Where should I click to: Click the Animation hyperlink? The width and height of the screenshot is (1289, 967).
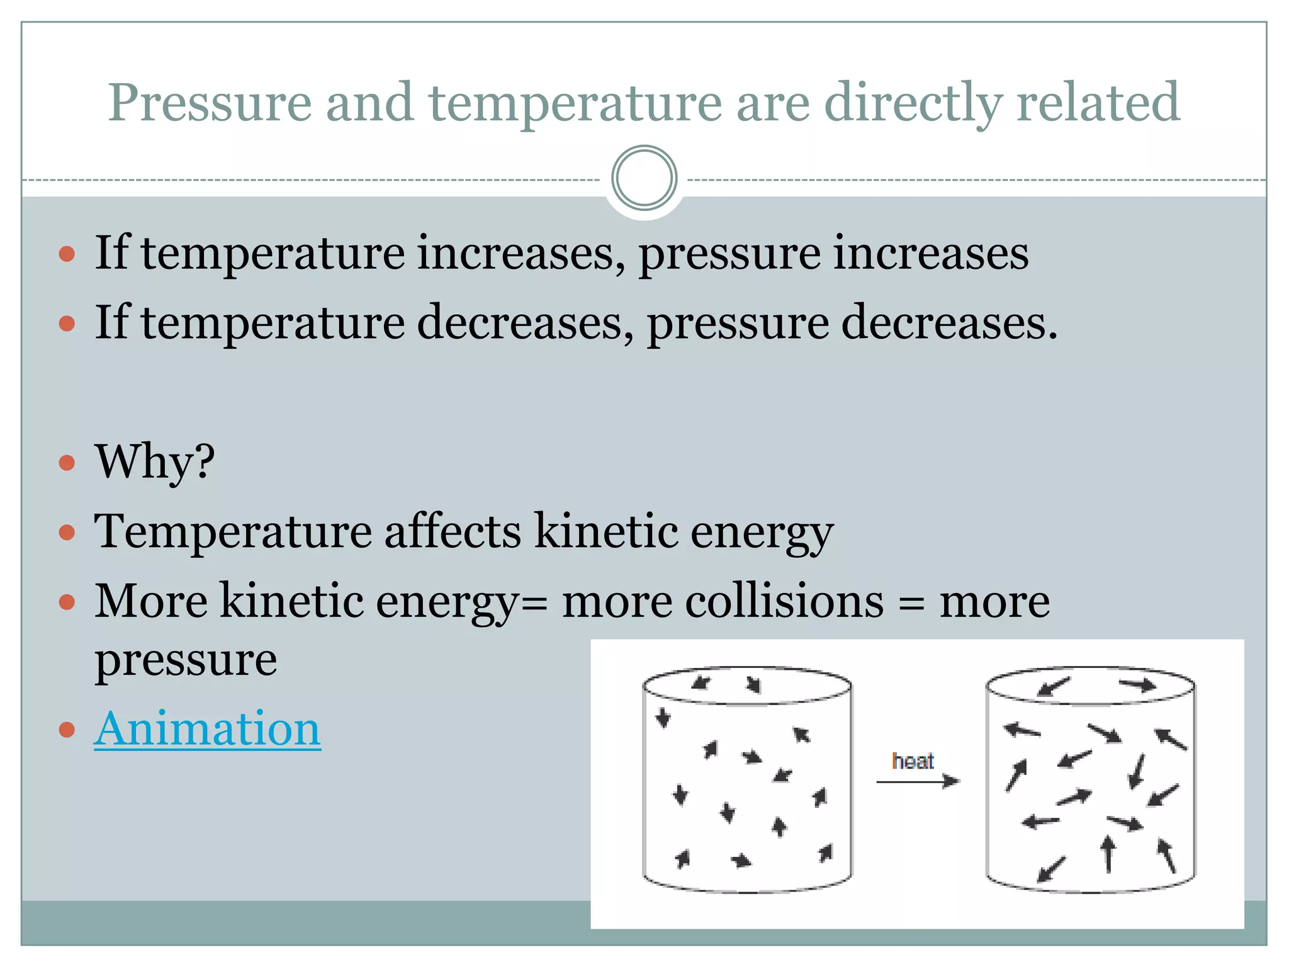(x=207, y=729)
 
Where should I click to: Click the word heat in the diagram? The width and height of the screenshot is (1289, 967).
(x=913, y=761)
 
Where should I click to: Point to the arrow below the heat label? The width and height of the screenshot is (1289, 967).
(x=917, y=781)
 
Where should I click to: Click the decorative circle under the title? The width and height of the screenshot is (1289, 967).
(x=644, y=178)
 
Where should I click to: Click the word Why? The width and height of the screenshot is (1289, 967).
(x=155, y=461)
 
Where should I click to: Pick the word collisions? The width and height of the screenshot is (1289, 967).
(x=784, y=601)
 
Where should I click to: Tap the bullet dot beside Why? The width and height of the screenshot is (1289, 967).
(x=67, y=463)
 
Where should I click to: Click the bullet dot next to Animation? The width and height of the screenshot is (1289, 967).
(x=67, y=730)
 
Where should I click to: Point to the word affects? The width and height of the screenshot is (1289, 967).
(x=453, y=531)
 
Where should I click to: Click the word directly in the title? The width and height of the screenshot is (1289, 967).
(x=913, y=102)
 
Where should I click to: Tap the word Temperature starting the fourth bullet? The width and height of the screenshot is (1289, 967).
(x=233, y=531)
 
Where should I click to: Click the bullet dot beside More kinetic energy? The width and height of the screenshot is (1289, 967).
(x=67, y=602)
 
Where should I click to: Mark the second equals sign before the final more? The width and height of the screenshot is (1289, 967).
(x=911, y=603)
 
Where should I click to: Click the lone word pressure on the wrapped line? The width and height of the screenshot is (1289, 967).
(x=186, y=660)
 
